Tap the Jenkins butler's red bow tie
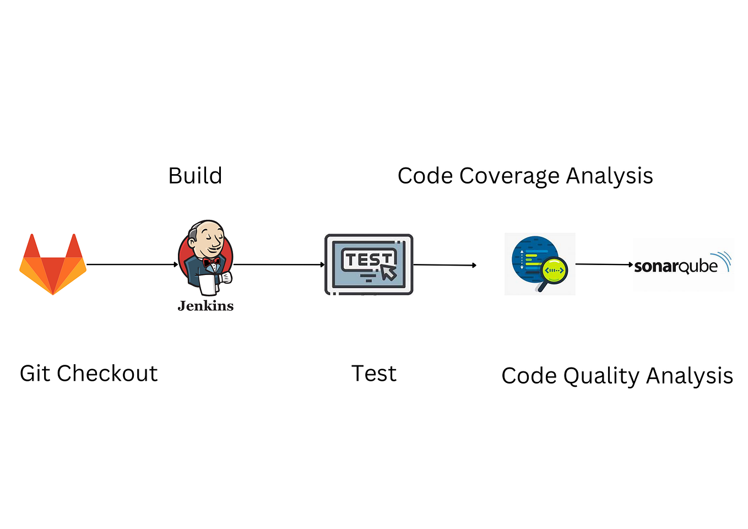(x=211, y=262)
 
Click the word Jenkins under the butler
(x=205, y=306)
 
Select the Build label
(x=195, y=176)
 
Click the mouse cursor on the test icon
(x=388, y=272)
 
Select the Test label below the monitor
(x=373, y=374)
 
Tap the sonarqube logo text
(x=676, y=267)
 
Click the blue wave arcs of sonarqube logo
(x=722, y=260)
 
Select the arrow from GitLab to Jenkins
(x=132, y=264)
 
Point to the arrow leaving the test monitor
(x=444, y=265)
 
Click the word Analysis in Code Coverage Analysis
(x=609, y=176)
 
